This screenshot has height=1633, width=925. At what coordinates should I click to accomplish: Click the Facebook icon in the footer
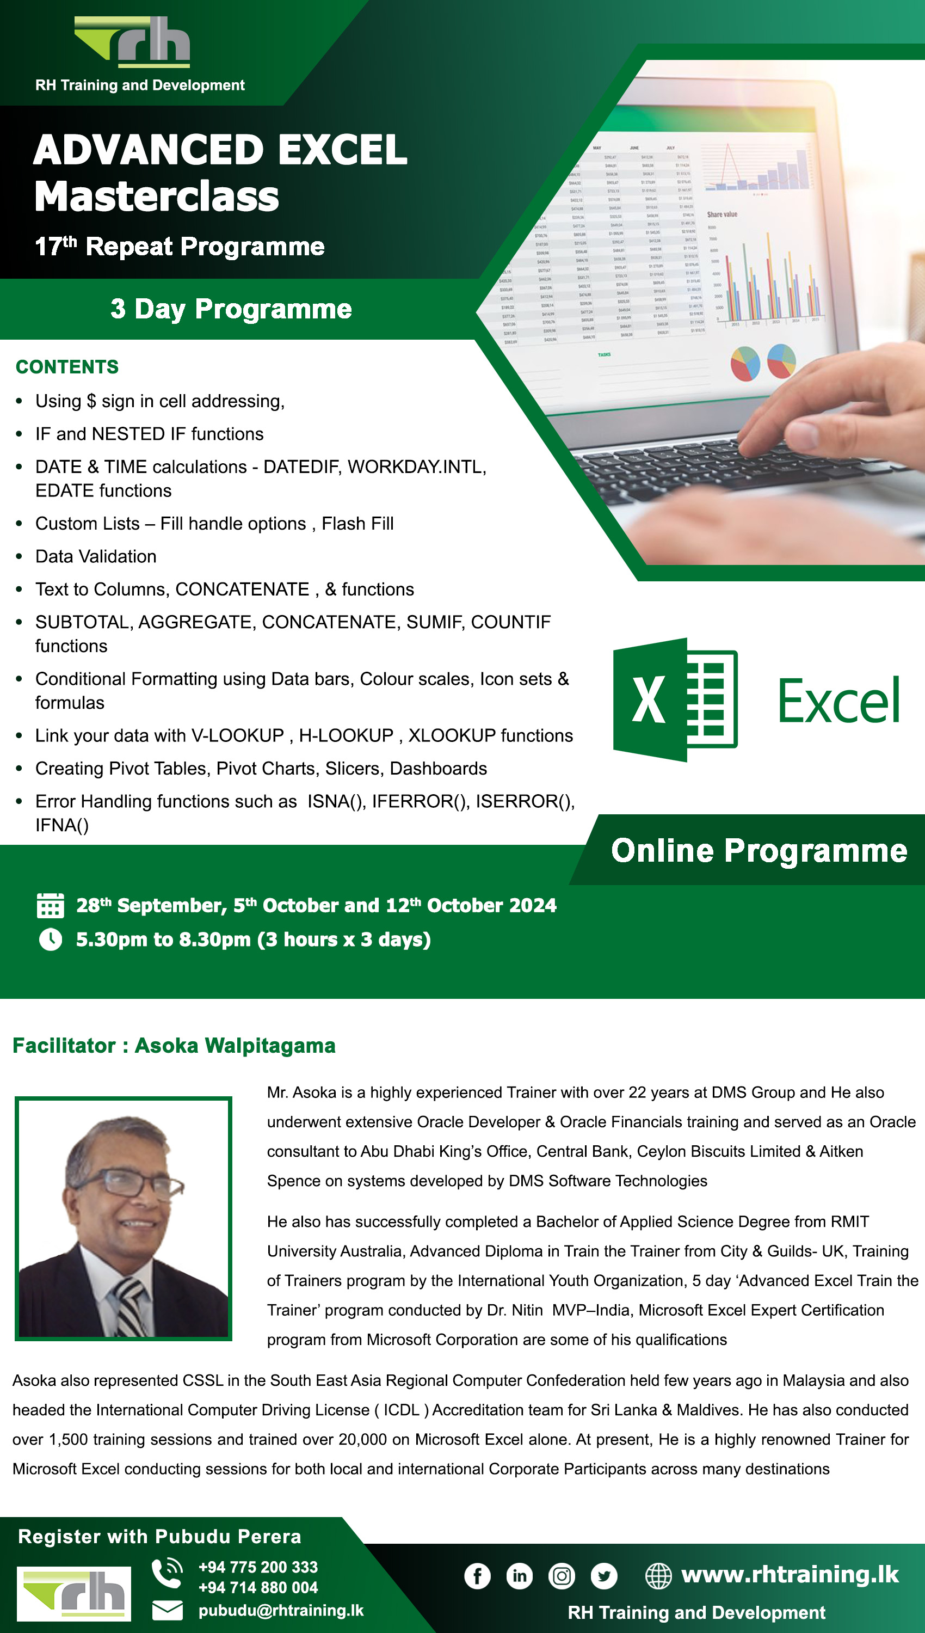477,1576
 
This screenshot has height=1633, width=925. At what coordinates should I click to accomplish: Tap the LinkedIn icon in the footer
519,1576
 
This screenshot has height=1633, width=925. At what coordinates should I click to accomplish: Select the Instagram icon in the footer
562,1576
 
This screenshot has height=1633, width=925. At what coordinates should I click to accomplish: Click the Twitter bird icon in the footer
603,1576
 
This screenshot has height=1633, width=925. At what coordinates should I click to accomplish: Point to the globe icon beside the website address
658,1576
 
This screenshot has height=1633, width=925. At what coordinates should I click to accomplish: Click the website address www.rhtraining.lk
790,1575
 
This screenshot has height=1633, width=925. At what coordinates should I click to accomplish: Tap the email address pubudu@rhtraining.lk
281,1610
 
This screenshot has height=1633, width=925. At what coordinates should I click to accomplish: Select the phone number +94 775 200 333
258,1567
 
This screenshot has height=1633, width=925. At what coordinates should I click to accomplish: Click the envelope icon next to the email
167,1611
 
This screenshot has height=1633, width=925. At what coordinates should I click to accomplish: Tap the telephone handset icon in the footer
166,1572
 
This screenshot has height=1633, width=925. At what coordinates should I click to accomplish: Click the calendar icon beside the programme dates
50,905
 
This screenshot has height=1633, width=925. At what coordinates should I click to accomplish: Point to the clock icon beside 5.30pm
51,939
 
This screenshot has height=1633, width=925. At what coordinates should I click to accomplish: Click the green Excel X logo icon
675,699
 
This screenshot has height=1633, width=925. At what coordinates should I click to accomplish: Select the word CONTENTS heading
67,367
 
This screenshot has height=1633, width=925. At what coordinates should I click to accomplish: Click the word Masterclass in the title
157,197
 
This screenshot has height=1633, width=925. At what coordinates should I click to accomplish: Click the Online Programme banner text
758,850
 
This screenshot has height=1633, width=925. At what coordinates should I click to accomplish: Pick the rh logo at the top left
133,41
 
